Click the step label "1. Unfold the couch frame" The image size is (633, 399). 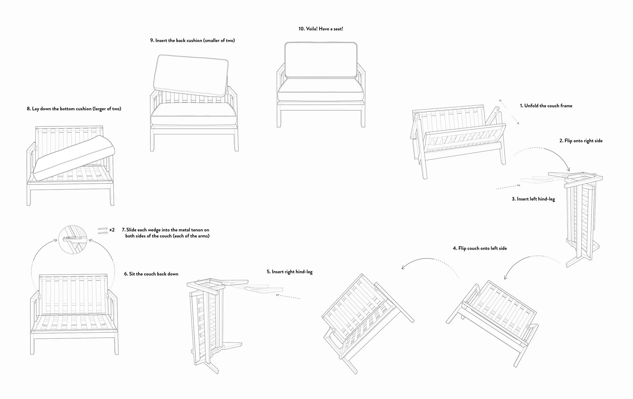click(546, 106)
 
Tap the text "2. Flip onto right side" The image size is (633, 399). click(581, 141)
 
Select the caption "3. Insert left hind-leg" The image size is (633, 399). click(533, 199)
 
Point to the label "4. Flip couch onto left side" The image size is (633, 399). click(480, 248)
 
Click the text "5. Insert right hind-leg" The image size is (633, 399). click(289, 272)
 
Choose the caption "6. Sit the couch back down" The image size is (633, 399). click(151, 274)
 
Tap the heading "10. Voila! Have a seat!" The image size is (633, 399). click(321, 29)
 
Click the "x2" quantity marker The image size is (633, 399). click(112, 230)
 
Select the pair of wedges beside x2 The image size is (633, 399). click(103, 231)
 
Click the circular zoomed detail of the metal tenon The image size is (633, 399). click(73, 239)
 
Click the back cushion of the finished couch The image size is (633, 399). click(321, 60)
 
